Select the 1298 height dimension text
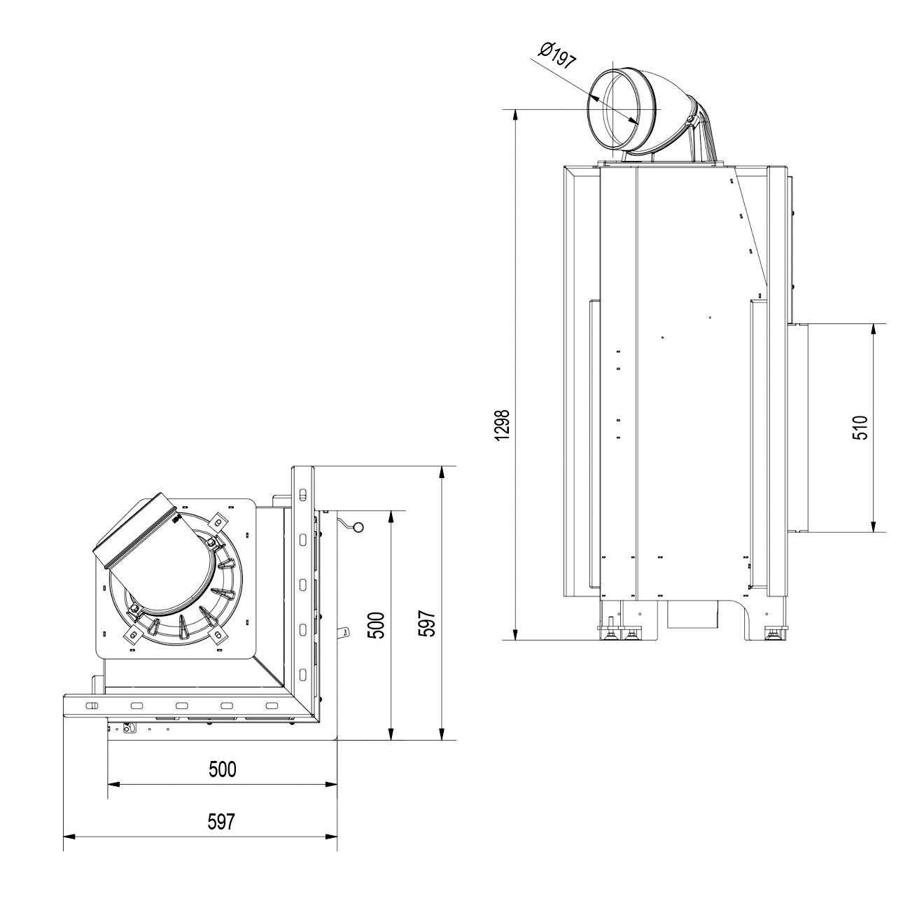tap(502, 425)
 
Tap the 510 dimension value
tap(860, 427)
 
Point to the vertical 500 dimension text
tap(377, 625)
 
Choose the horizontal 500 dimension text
tap(223, 769)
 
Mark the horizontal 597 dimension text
tap(221, 821)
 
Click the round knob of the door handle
tap(358, 527)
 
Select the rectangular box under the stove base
tap(693, 615)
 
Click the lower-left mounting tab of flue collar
tap(131, 634)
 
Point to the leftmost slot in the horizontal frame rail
tap(92, 706)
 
